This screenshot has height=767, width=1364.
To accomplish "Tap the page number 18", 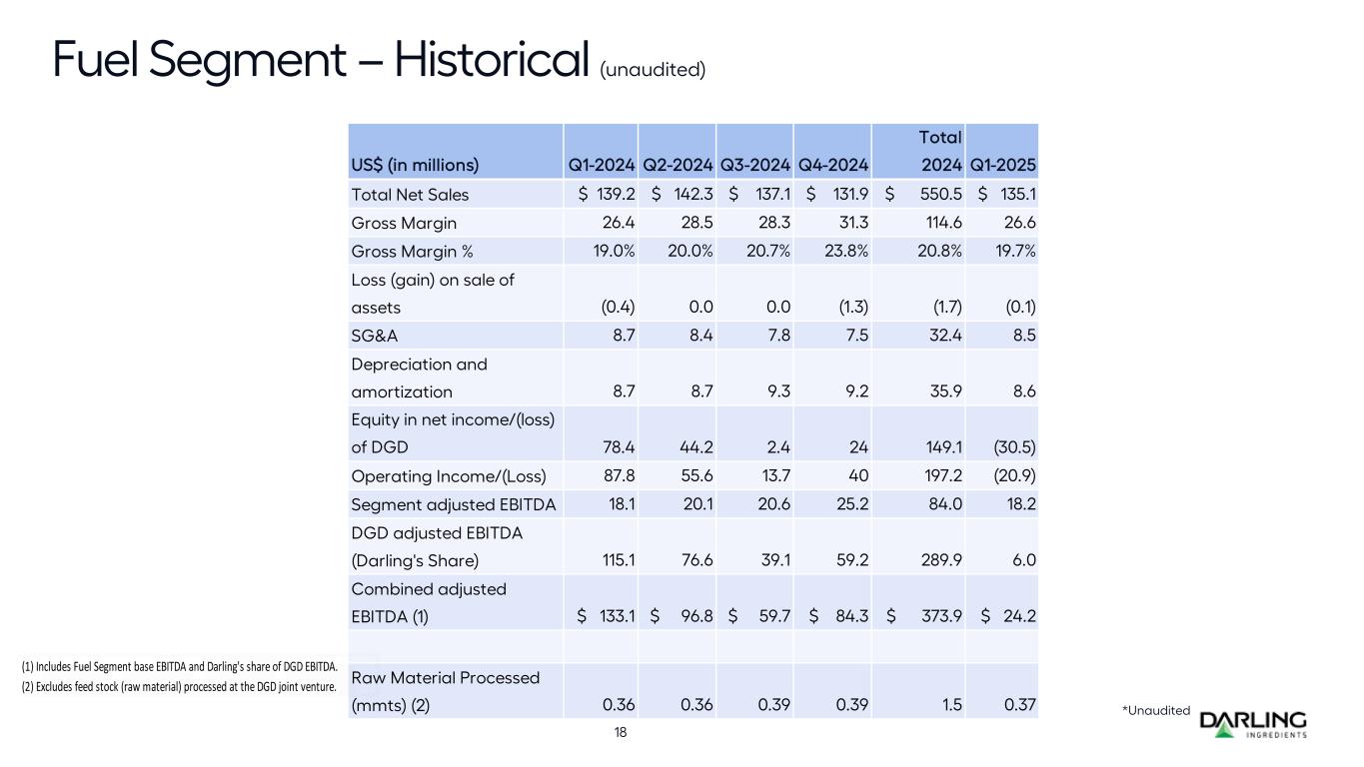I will tap(621, 732).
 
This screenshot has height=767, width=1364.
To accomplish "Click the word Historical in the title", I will tap(489, 61).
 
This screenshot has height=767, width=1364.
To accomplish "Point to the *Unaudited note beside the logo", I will tap(1156, 710).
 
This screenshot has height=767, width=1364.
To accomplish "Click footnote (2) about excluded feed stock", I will tap(179, 686).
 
